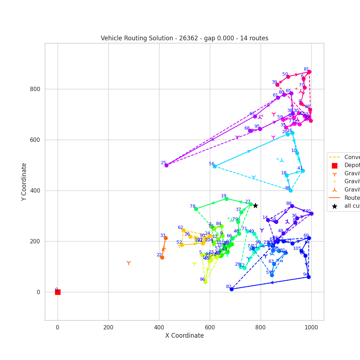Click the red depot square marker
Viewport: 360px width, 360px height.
coord(58,292)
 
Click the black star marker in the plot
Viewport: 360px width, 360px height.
coord(255,206)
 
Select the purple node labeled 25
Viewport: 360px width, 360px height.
coord(166,165)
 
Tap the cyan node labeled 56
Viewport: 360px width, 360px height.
coord(215,166)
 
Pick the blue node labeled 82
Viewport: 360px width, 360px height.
coord(231,289)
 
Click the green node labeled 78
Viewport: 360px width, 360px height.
coord(196,209)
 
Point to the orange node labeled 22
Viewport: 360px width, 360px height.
coord(162,257)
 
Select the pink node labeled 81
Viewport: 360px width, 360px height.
coord(309,72)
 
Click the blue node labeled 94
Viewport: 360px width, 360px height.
coord(309,277)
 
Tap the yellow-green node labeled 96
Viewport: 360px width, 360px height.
coord(205,282)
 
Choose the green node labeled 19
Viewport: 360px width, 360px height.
coord(226,199)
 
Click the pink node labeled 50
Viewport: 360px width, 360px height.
coord(288,77)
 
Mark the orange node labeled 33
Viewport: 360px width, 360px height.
coord(166,238)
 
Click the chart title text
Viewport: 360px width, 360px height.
coord(184,38)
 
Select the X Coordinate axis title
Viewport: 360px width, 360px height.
coord(184,336)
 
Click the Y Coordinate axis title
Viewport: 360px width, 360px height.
coord(24,182)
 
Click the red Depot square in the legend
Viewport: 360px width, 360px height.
coord(334,166)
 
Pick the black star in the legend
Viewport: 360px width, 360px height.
coord(334,206)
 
